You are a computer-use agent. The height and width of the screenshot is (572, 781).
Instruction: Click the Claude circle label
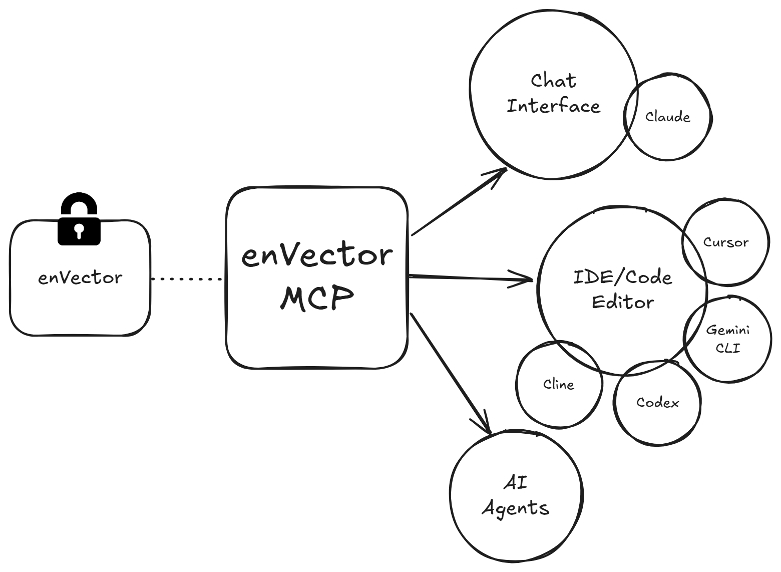point(667,117)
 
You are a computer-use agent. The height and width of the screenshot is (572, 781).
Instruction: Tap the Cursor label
point(725,242)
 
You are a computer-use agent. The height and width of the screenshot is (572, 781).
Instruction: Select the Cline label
point(558,385)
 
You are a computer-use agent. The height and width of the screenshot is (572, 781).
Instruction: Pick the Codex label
point(657,402)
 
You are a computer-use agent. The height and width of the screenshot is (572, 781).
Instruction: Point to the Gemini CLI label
point(727,339)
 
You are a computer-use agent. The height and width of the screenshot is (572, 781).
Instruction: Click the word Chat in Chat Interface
point(553,81)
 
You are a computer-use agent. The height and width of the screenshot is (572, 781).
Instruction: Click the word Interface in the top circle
point(553,106)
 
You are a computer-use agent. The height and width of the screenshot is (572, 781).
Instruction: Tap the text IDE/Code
point(622,277)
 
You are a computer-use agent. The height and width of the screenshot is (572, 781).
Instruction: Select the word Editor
point(622,302)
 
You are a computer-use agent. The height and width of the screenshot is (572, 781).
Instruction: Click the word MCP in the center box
point(317,299)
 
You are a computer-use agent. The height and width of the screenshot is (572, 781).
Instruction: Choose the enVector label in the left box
point(80,277)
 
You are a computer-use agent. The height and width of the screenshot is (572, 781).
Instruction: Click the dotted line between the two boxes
point(188,279)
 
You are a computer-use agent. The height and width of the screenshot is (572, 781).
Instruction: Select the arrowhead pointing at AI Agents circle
point(485,426)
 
